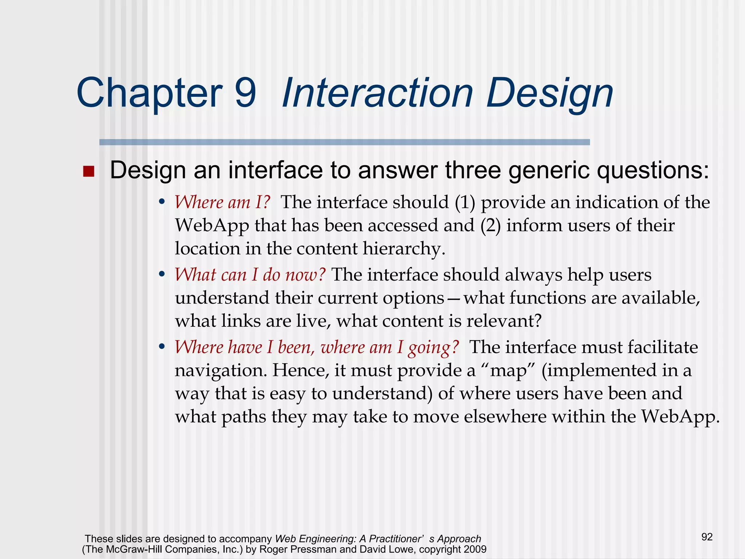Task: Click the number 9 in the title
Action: click(x=245, y=93)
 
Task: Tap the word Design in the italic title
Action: click(x=550, y=94)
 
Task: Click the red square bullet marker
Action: click(x=88, y=171)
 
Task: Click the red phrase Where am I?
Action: click(x=223, y=202)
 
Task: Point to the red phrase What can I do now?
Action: click(x=250, y=275)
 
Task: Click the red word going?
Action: click(x=434, y=347)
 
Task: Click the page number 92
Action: click(x=707, y=537)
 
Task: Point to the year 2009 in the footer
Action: click(x=475, y=549)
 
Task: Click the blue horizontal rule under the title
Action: click(x=344, y=142)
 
